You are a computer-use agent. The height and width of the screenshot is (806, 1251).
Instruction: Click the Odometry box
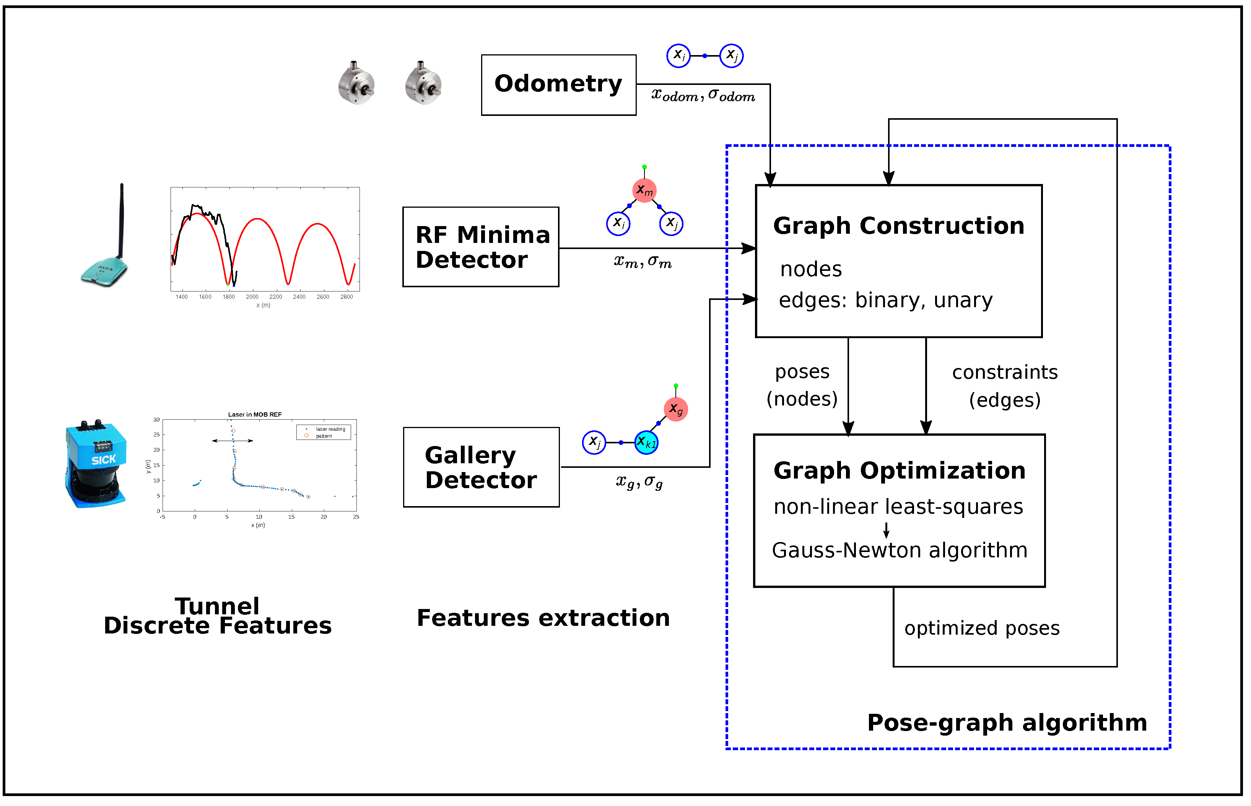[558, 85]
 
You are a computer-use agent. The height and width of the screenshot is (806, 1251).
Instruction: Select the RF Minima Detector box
[480, 247]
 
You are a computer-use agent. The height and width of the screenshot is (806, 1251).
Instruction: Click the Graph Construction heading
[898, 226]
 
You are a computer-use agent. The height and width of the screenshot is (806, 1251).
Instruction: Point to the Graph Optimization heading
[899, 471]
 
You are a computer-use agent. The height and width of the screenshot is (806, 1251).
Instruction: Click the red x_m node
[644, 191]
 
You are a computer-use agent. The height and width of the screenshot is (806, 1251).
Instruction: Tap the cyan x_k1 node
[646, 443]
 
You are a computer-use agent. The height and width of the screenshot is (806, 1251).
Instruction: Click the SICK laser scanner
[96, 464]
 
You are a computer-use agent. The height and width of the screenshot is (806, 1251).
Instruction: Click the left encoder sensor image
[356, 84]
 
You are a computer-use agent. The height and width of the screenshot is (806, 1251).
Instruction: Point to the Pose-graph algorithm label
[1007, 723]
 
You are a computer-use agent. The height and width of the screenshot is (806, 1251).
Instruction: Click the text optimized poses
[981, 628]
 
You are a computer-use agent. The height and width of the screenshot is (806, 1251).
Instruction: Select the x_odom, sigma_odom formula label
[703, 96]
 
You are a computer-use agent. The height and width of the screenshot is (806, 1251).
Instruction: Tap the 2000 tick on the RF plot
[252, 297]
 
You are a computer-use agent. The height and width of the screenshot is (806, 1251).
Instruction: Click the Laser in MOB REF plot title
[255, 415]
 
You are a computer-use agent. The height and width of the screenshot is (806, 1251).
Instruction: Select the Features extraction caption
[543, 618]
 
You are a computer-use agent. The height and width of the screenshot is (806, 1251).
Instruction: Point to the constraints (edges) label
[1005, 386]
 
